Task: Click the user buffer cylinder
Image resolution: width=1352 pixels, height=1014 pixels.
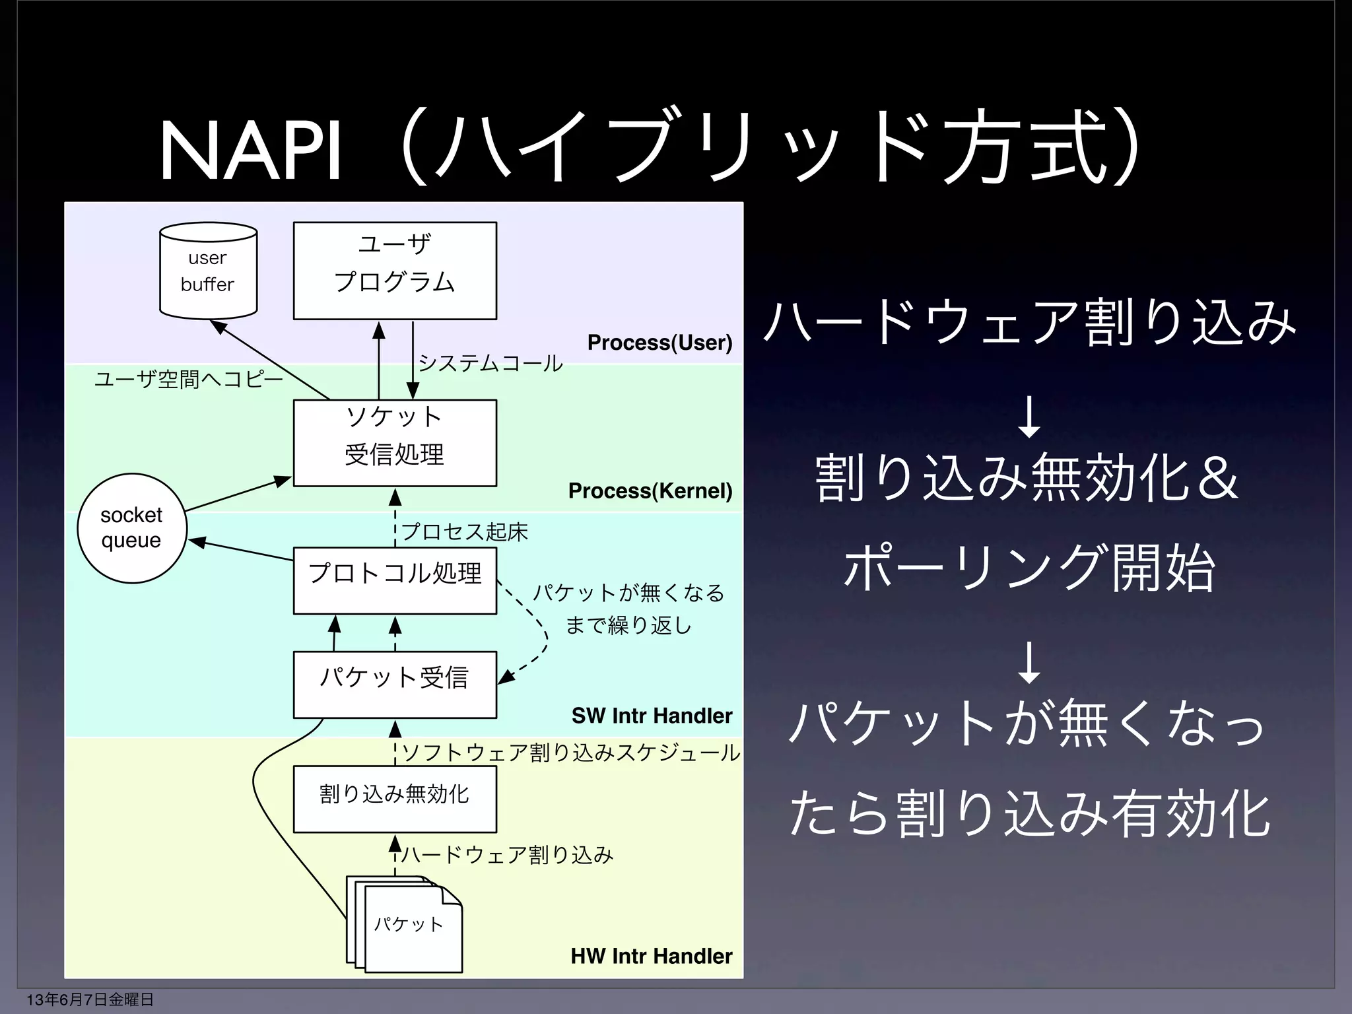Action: (208, 271)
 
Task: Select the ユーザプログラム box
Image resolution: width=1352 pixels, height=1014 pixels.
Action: (395, 271)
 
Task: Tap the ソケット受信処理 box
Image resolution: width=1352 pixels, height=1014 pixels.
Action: (395, 443)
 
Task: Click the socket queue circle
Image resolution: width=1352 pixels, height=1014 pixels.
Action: (132, 528)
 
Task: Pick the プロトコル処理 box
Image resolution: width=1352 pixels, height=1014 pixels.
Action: (395, 580)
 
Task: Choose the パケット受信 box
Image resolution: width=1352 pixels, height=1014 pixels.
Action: (395, 685)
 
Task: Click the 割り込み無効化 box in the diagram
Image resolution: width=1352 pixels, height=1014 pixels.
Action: (395, 799)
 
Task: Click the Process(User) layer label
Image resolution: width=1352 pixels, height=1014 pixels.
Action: (659, 343)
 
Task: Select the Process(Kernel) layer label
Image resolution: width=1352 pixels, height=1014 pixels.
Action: (650, 490)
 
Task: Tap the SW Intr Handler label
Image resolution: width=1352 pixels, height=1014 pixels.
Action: (652, 716)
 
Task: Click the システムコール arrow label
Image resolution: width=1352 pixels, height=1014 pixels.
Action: (490, 363)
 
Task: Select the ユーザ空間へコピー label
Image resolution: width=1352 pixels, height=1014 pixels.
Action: (188, 380)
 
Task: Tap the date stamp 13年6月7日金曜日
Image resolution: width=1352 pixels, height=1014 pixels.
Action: (90, 999)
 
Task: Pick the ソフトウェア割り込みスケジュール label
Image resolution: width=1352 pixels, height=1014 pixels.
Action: (571, 753)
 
